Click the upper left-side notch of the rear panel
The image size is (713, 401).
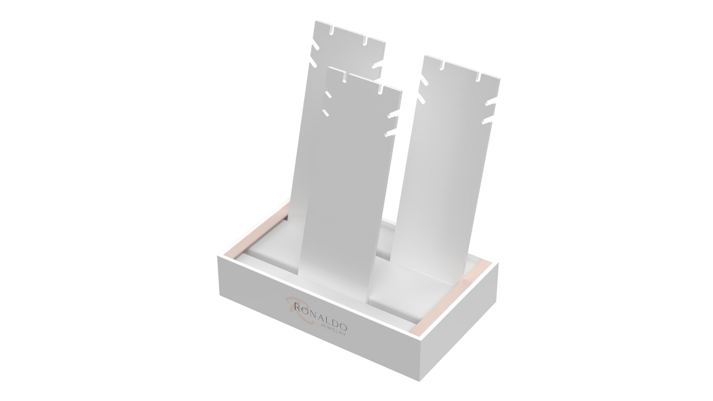pyautogui.click(x=315, y=47)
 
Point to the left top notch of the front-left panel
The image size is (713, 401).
pyautogui.click(x=344, y=77)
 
